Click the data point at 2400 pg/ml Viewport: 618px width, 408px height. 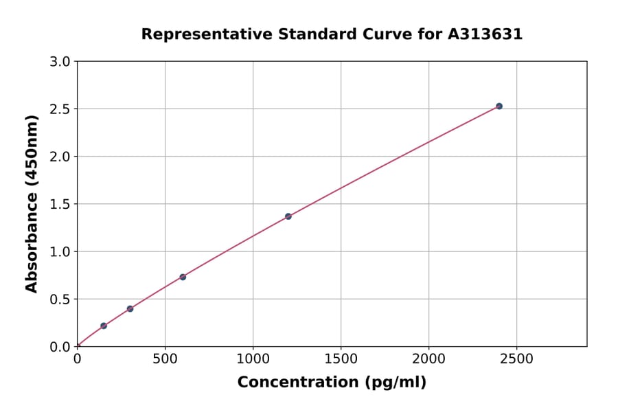click(499, 106)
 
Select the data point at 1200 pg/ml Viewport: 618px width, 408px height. click(288, 216)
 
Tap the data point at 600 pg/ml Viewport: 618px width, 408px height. click(183, 277)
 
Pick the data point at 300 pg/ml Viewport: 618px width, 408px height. click(130, 309)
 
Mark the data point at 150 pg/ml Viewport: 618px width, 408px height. click(104, 326)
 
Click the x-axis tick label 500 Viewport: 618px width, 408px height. click(165, 359)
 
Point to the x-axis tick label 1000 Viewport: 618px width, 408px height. click(253, 359)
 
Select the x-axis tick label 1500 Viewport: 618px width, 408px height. click(341, 359)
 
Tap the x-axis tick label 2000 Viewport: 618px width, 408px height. click(428, 359)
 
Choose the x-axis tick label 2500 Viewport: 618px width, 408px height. click(516, 359)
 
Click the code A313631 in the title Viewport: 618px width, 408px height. click(485, 34)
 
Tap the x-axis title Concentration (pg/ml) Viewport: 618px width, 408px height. click(332, 383)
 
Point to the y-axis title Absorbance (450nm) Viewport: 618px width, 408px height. click(32, 203)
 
